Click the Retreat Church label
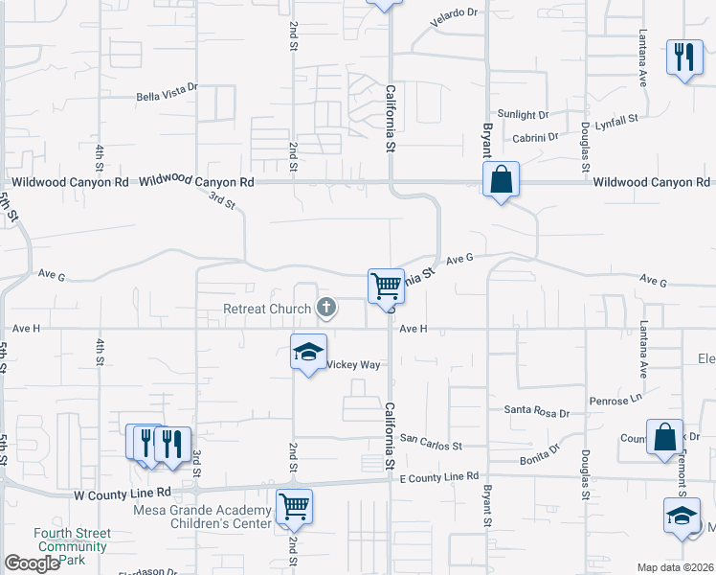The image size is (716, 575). point(267,309)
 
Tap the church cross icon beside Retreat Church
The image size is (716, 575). point(326,308)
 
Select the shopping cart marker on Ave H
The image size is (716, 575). point(386,286)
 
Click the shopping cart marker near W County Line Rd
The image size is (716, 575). point(294,506)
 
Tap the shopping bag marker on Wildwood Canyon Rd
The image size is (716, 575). point(501,179)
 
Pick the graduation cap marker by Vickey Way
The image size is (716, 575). point(308,353)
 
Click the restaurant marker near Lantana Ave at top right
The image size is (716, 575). point(683,58)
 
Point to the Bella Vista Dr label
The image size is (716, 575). point(167,97)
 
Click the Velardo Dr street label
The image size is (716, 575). point(454,12)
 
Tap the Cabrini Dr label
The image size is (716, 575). point(535,136)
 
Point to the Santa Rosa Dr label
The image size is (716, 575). point(537,411)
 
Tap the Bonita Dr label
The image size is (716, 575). point(541,449)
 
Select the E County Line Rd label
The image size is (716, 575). point(438,476)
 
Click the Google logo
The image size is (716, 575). point(32,563)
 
